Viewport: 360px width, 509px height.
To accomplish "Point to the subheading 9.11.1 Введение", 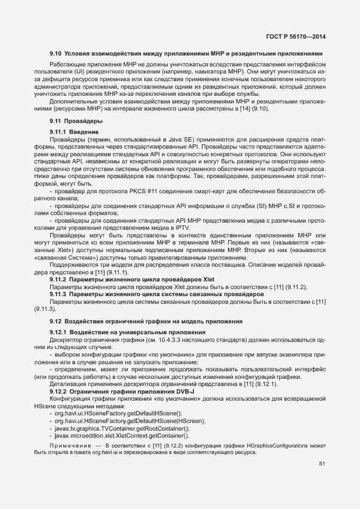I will click(74, 132).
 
